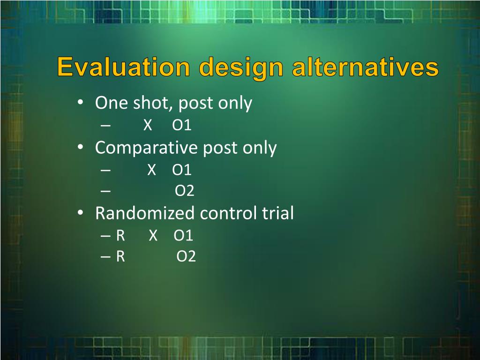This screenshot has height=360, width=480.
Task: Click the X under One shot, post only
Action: [148, 125]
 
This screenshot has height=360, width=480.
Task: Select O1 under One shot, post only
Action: [182, 125]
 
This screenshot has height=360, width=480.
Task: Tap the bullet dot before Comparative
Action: [80, 147]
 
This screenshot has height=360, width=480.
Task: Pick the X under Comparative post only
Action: [151, 170]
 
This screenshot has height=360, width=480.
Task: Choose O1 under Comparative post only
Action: [182, 170]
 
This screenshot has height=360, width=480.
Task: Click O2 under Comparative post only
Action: [185, 190]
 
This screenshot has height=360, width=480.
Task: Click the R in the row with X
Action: [120, 235]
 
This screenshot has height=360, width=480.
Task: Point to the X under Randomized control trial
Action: [153, 235]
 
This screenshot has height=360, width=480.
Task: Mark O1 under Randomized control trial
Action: [183, 235]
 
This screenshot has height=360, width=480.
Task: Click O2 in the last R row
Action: [186, 256]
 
